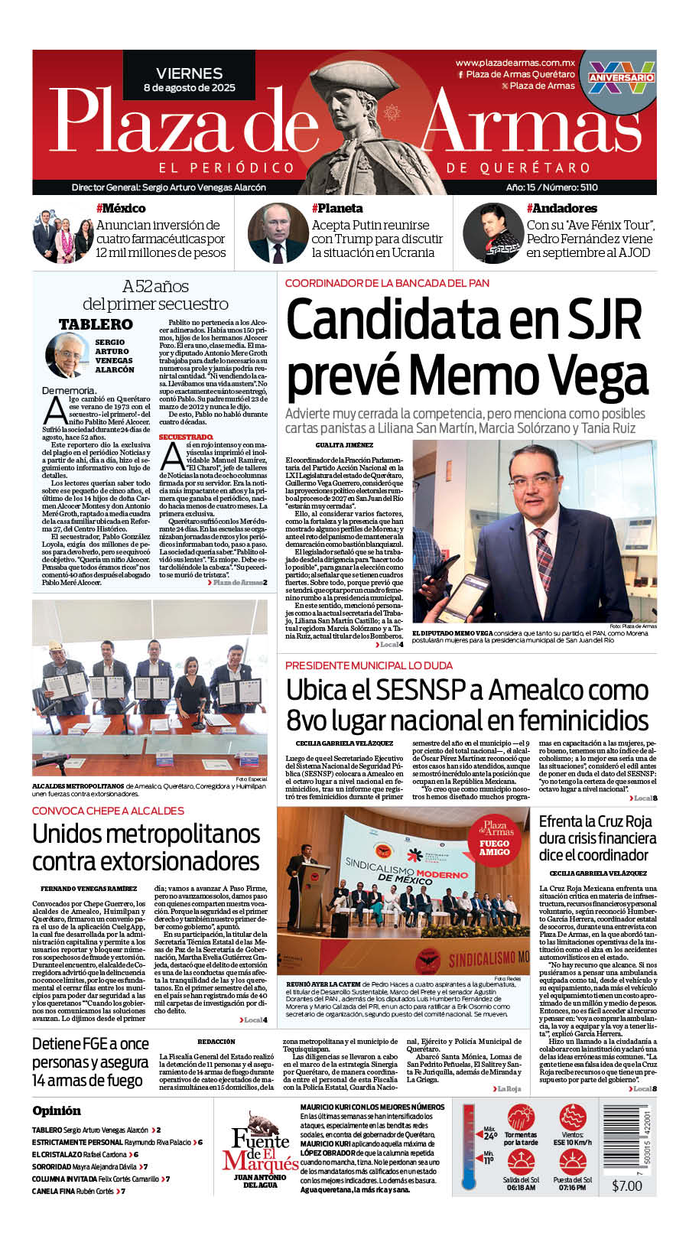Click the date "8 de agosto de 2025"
[x=189, y=88]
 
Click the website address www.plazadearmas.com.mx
[x=515, y=63]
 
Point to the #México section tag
[x=120, y=208]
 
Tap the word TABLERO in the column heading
[x=96, y=324]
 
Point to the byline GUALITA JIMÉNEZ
[x=344, y=444]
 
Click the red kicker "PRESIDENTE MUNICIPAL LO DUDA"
[x=369, y=665]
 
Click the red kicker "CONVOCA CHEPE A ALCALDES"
[x=108, y=811]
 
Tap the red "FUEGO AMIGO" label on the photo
[x=494, y=847]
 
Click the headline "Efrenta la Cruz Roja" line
[x=596, y=821]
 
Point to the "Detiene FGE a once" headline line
[x=90, y=1044]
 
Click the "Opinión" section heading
[x=56, y=1111]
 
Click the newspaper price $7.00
[x=627, y=1185]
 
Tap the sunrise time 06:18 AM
[x=520, y=1188]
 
